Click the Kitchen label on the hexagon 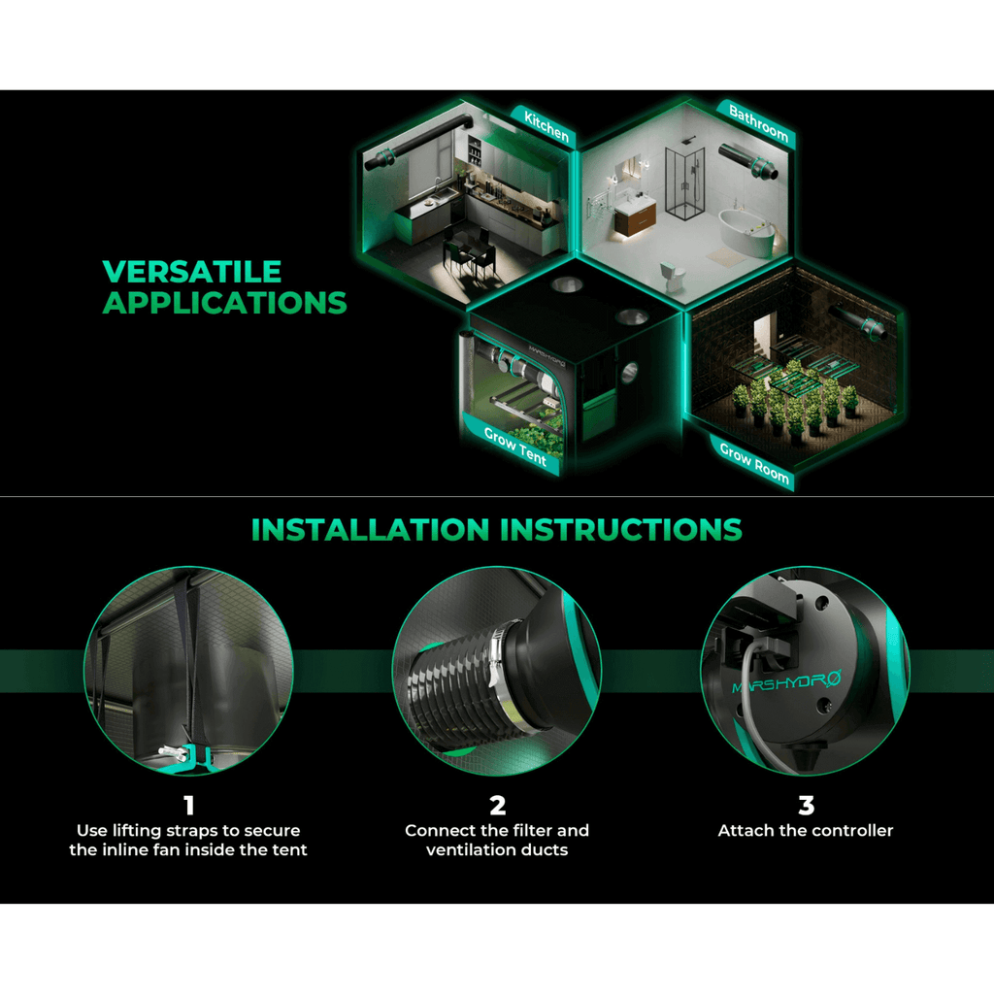[x=547, y=126]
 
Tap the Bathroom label [x=758, y=122]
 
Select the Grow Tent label [x=514, y=447]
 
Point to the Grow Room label [x=754, y=462]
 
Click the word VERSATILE [x=192, y=272]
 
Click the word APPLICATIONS [x=225, y=303]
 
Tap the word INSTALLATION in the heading [x=371, y=529]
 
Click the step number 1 [x=188, y=805]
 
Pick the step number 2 [x=498, y=805]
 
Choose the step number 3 [x=806, y=805]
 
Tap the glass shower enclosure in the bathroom [x=684, y=182]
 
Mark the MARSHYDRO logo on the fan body [x=786, y=682]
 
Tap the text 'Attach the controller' [x=806, y=831]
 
